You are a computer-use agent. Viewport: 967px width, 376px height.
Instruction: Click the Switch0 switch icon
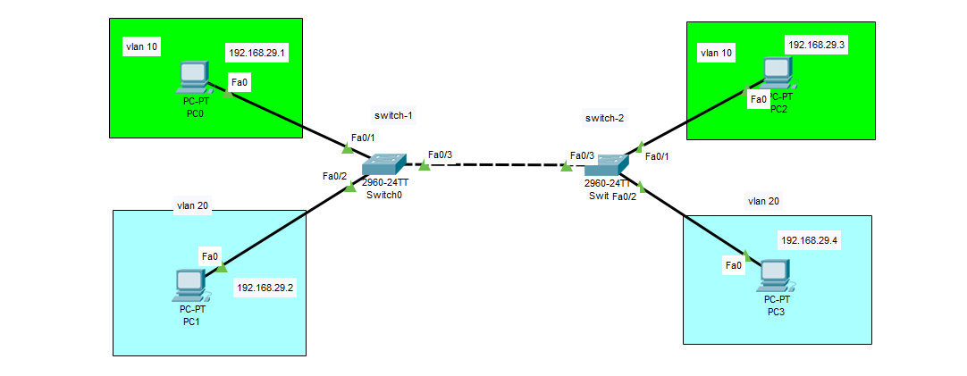385,165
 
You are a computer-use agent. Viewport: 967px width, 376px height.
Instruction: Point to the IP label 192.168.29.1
256,54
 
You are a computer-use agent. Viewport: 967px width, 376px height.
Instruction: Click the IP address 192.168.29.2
265,288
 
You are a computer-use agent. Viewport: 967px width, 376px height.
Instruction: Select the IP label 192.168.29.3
816,45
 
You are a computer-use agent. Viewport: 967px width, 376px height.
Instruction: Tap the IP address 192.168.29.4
811,241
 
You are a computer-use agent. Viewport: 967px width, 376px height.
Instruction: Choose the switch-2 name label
605,117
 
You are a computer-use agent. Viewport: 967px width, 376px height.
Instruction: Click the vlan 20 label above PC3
763,201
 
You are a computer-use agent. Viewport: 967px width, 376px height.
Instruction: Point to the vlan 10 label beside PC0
142,46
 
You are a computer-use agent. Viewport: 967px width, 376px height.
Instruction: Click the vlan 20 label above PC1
193,205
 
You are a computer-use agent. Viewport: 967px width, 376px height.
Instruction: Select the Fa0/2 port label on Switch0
334,176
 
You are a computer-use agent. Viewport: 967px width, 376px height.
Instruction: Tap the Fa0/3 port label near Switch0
440,155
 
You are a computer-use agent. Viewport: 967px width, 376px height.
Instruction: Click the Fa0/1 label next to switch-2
657,156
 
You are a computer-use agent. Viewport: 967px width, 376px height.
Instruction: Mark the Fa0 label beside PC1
210,256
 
